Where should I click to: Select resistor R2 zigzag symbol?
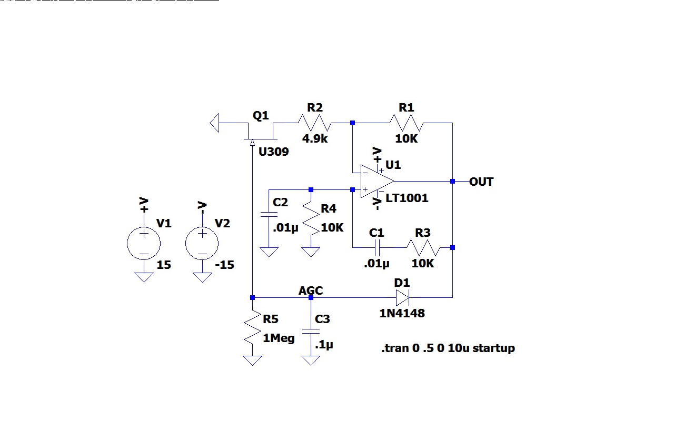[x=314, y=123]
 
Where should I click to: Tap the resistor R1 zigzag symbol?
[x=406, y=123]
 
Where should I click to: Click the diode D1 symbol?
[x=402, y=298]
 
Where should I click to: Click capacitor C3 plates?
[x=311, y=331]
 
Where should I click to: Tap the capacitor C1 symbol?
[x=377, y=247]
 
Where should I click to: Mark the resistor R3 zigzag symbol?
[x=423, y=247]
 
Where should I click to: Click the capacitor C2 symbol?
[x=269, y=215]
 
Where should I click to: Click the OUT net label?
[x=481, y=182]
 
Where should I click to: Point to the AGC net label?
[x=311, y=291]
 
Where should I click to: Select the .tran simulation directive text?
[x=448, y=348]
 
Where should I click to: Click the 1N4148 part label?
[x=402, y=314]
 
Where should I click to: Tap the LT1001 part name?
[x=407, y=198]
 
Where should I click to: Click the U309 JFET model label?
[x=273, y=152]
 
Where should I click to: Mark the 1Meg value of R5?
[x=279, y=338]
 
